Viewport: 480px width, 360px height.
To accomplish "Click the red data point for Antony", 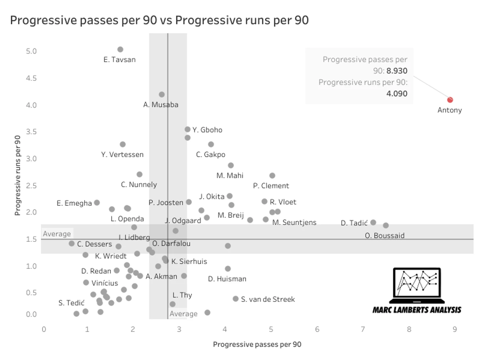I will point(450,100).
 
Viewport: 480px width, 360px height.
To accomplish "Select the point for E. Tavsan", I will point(120,49).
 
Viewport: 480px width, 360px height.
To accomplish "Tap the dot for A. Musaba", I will point(162,94).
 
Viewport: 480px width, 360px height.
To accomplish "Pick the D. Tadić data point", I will point(373,223).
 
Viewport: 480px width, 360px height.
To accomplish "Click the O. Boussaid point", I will point(386,226).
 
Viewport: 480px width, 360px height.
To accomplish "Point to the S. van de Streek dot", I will point(236,299).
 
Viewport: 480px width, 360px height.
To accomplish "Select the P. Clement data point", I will point(272,176).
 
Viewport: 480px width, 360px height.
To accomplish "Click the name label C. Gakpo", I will point(210,155).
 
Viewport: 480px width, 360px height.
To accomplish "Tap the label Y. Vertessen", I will point(122,155).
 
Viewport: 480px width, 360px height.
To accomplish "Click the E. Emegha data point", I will point(97,203).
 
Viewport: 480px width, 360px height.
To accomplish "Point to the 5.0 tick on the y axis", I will point(31,51).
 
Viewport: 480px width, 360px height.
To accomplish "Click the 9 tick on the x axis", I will point(455,329).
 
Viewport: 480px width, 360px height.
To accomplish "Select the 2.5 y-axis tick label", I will point(31,186).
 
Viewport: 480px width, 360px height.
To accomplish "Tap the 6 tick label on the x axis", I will point(317,329).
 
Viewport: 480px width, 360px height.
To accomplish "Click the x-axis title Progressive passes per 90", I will point(257,344).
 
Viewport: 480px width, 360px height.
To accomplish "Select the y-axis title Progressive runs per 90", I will point(17,176).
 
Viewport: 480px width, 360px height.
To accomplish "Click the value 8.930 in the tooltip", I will point(397,71).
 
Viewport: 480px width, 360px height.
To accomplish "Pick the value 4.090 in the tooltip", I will point(397,94).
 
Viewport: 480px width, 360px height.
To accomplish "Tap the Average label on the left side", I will point(57,234).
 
